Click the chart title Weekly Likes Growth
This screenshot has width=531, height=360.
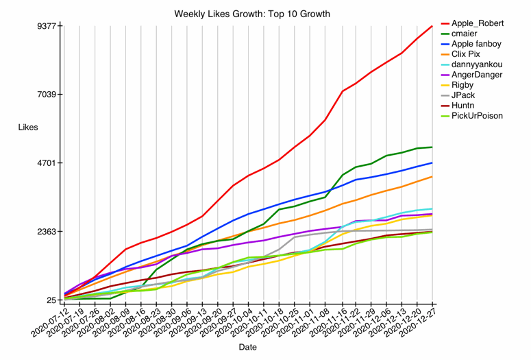point(251,14)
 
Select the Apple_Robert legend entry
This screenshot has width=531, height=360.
point(478,23)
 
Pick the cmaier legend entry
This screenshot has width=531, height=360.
point(469,34)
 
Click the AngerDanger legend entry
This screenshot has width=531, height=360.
point(477,75)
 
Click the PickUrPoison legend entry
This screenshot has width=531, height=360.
point(477,116)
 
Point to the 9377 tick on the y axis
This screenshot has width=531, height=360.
point(49,26)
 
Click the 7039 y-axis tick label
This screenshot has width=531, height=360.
point(49,95)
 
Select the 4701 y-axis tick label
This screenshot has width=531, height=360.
point(49,163)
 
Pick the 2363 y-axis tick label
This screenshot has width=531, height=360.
point(49,232)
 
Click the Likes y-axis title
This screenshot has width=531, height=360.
point(28,128)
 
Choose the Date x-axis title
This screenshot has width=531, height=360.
point(248,348)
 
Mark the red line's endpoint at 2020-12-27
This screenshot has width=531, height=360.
point(432,26)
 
